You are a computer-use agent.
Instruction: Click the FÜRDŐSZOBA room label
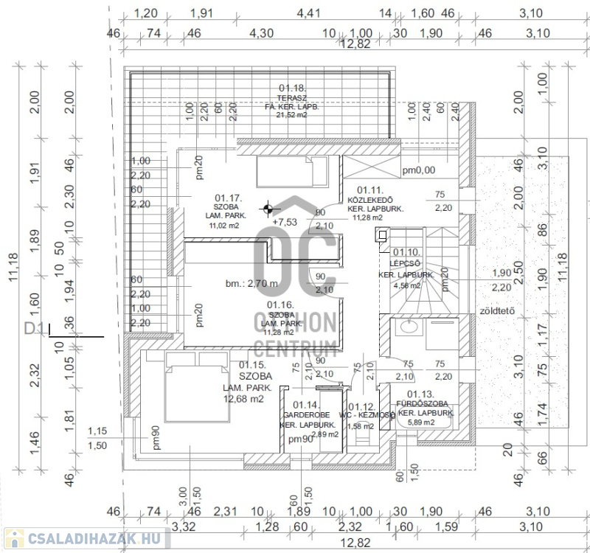[x=424, y=404]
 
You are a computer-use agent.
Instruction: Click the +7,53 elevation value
[x=285, y=221]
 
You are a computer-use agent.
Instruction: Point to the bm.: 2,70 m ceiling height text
[x=251, y=284]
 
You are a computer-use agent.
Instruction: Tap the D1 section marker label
[x=34, y=328]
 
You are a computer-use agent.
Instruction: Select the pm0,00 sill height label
[x=419, y=170]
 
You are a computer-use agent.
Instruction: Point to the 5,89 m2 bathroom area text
[x=424, y=422]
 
